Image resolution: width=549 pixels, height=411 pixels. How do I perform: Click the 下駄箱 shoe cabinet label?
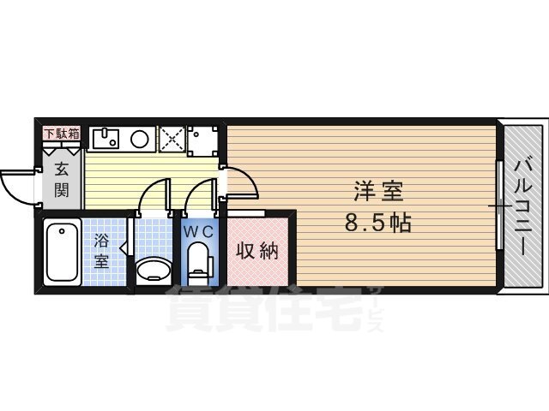tap(62, 134)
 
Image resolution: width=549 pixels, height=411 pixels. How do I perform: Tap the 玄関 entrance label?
tap(62, 180)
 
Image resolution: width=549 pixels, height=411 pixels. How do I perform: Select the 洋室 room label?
tap(378, 191)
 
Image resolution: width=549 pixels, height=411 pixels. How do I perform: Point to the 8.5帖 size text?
tap(378, 223)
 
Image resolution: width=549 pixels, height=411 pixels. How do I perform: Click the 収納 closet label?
tap(257, 251)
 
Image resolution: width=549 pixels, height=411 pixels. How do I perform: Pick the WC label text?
tap(199, 232)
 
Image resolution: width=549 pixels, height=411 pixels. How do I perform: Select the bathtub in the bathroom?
tap(63, 253)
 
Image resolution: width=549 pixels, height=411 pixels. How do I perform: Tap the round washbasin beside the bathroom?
tap(154, 270)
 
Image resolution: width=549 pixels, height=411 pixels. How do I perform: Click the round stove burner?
tap(140, 139)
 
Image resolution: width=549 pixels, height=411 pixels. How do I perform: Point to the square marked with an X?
tap(172, 139)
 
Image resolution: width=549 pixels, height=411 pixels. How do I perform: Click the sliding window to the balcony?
tap(500, 205)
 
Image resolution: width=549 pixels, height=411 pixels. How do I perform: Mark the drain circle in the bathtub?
tap(62, 231)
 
